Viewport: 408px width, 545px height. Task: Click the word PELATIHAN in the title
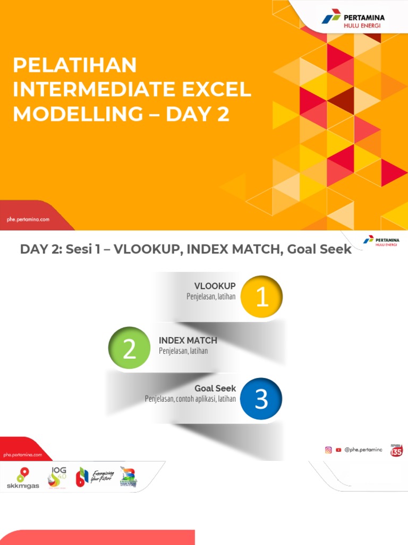pos(75,65)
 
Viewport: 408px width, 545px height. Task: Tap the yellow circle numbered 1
pos(261,296)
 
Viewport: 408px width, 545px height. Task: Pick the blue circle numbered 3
pos(261,399)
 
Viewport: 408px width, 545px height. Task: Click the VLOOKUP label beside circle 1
pos(215,286)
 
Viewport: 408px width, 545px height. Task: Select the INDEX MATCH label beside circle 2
pos(188,341)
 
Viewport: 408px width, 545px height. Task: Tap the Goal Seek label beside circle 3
pos(215,389)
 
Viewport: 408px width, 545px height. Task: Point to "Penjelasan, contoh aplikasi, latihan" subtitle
pos(190,399)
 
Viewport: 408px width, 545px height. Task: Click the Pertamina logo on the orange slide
pos(353,21)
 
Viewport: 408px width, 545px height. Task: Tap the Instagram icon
pos(329,450)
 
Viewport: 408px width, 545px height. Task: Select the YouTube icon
pos(338,450)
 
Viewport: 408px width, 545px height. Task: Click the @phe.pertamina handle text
pos(363,450)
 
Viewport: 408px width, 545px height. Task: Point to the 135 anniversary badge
pos(396,450)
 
